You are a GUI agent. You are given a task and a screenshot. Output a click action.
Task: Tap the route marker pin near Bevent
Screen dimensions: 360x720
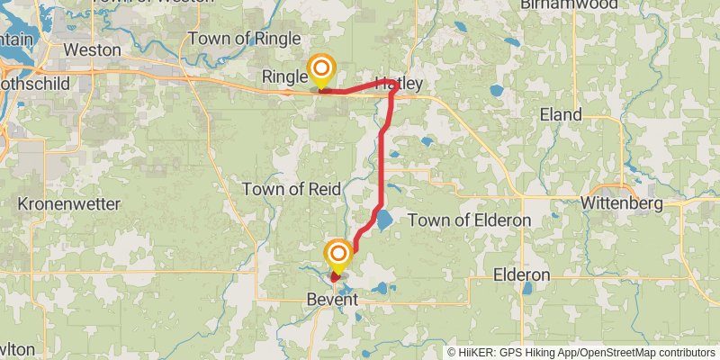pyautogui.click(x=338, y=255)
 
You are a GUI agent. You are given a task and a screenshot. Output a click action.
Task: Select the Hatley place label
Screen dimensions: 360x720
pyautogui.click(x=399, y=83)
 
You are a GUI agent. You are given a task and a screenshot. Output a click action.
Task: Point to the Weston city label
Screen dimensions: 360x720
pyautogui.click(x=93, y=49)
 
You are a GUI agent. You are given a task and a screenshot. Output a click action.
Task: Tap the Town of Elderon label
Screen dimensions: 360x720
pyautogui.click(x=469, y=220)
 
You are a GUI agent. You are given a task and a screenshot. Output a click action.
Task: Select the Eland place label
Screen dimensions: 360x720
pyautogui.click(x=561, y=114)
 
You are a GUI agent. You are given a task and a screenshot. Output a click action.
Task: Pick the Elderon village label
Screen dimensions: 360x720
pyautogui.click(x=522, y=274)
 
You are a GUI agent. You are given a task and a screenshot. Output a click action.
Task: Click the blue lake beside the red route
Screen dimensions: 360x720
pyautogui.click(x=384, y=220)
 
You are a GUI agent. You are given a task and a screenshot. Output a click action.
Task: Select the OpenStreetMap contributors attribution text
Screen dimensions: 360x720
pyautogui.click(x=645, y=353)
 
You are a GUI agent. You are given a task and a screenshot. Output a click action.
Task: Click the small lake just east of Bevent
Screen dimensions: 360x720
pyautogui.click(x=382, y=289)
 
